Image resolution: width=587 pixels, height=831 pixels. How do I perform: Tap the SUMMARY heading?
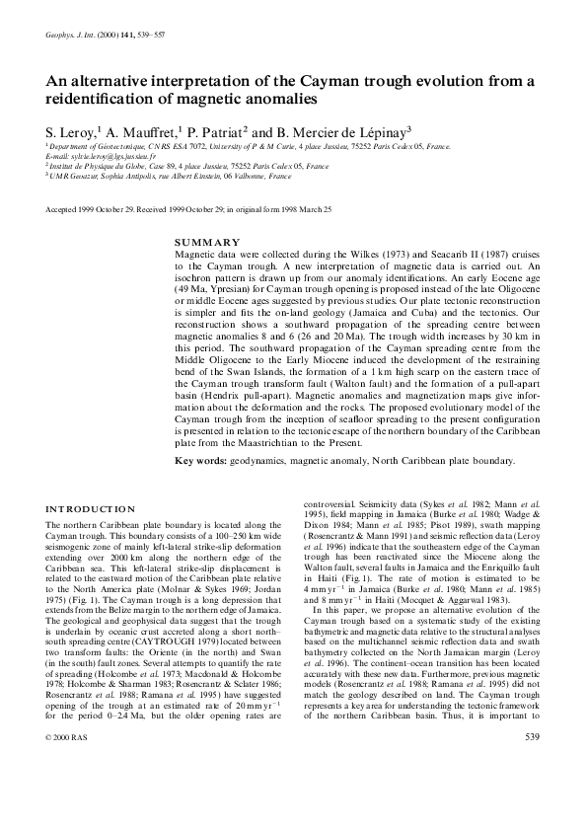coord(206,243)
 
